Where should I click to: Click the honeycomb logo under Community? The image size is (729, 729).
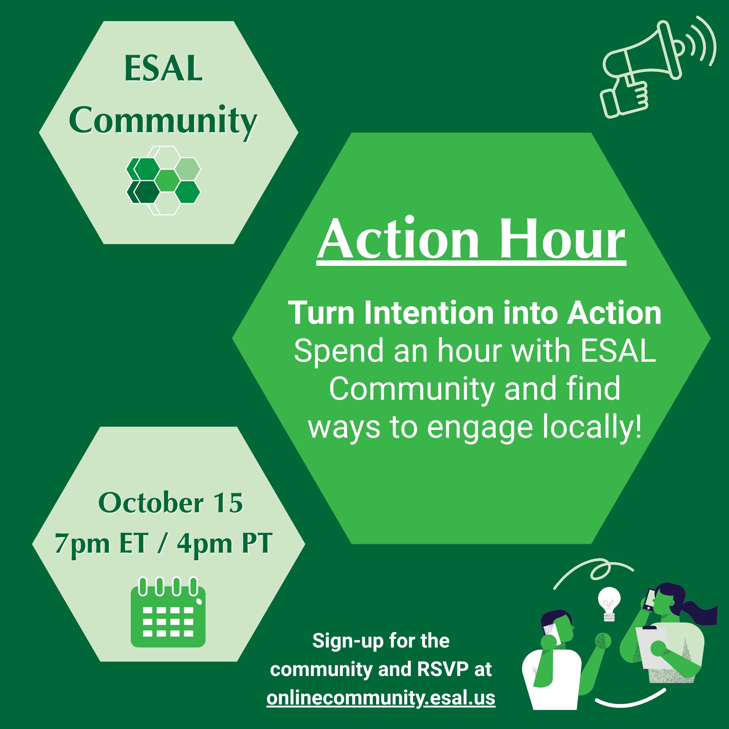tap(163, 180)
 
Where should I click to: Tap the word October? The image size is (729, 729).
tap(151, 503)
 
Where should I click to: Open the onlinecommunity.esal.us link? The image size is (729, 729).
tap(381, 698)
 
